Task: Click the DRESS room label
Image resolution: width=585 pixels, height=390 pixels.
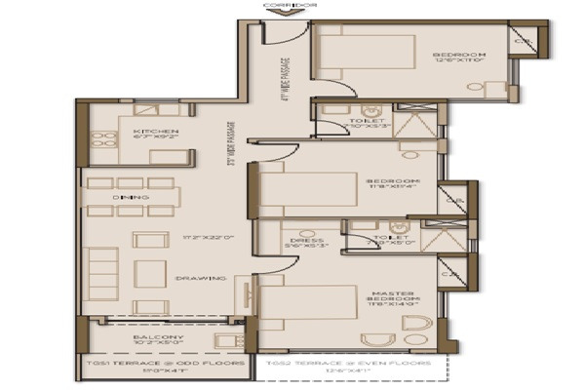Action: coord(295,240)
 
